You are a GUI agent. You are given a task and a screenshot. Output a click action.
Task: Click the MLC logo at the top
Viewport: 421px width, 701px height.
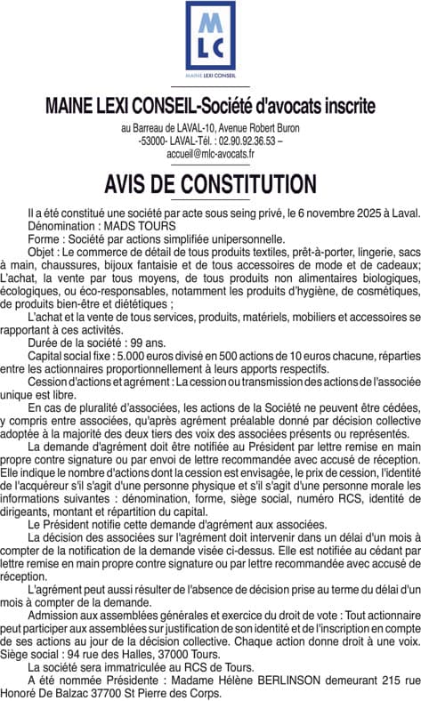(x=210, y=36)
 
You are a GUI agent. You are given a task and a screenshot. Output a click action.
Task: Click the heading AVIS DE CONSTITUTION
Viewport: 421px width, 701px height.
(x=210, y=184)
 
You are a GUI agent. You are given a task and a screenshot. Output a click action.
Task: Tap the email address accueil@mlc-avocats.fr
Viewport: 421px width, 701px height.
(x=210, y=154)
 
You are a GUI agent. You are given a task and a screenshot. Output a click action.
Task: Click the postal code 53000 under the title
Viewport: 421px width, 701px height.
(x=158, y=141)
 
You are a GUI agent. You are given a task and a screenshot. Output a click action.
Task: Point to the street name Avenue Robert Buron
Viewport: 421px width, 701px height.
(x=255, y=128)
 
